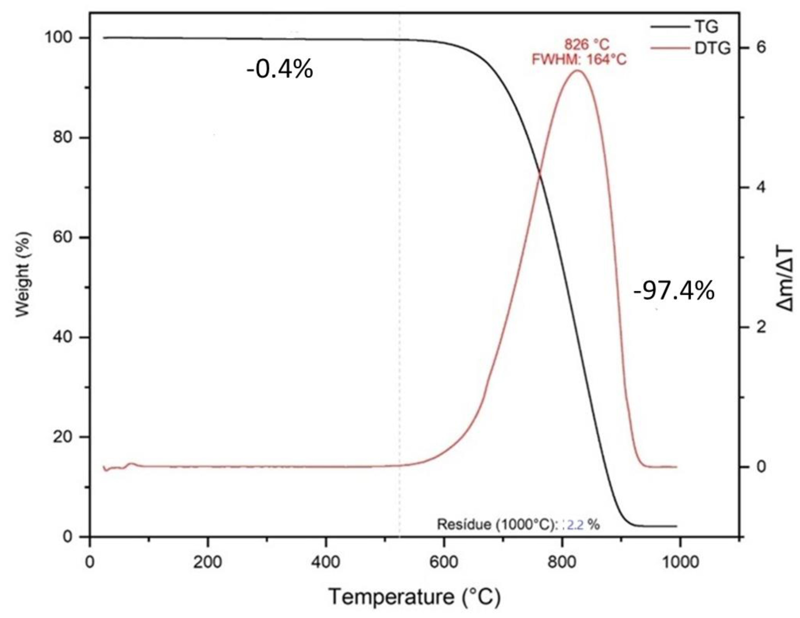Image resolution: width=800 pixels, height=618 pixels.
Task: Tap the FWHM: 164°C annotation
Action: (x=579, y=59)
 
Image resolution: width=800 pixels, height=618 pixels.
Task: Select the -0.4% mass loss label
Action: (x=280, y=69)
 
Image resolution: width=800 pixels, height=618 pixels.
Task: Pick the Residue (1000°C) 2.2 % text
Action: (x=518, y=525)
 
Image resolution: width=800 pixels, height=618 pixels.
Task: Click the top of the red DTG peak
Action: (x=578, y=71)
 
